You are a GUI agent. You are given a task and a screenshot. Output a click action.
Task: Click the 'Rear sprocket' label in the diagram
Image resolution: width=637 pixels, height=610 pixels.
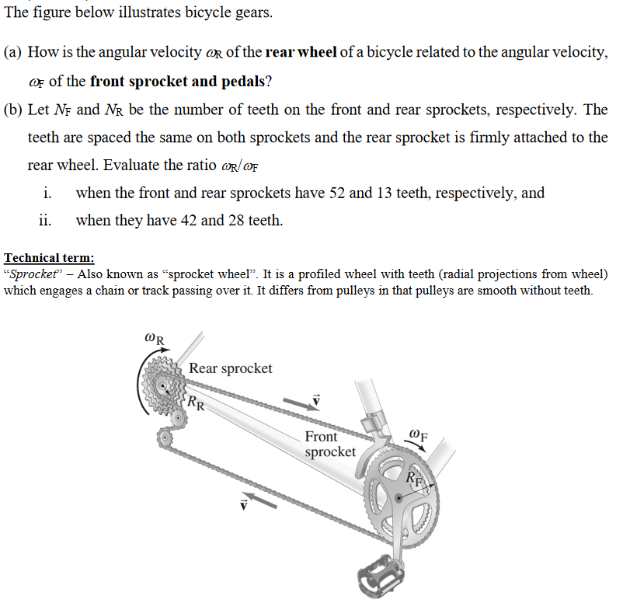point(231,368)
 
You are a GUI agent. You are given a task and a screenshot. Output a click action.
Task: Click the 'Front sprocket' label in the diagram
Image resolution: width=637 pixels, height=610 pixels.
point(330,444)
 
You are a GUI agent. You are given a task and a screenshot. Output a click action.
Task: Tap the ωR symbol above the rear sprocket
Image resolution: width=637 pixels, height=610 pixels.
point(154,339)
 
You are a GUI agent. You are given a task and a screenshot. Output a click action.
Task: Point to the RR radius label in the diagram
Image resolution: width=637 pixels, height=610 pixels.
point(197,403)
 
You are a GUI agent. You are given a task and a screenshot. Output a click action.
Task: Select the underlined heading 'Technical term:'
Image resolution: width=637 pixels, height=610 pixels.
point(49,258)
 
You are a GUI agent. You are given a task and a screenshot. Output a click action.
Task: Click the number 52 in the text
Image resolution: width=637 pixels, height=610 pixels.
point(339,193)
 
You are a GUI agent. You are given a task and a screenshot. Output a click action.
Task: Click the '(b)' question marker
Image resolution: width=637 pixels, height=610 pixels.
point(13,110)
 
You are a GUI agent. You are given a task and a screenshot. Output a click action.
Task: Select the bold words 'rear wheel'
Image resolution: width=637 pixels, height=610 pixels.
point(301,53)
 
